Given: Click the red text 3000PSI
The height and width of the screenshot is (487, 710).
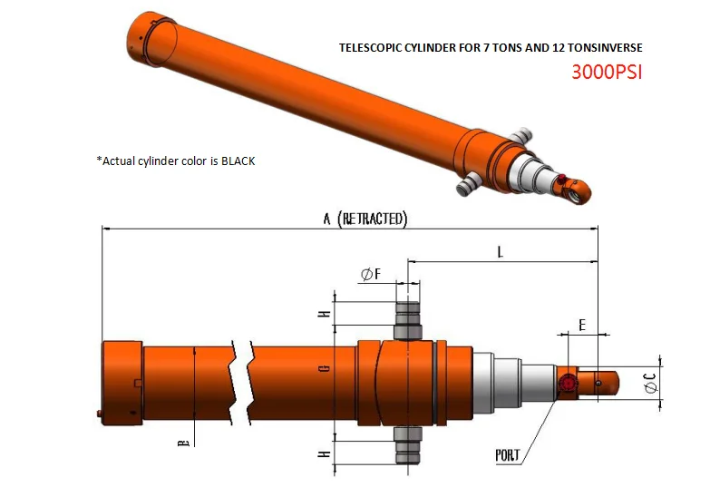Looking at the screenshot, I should pos(606,72).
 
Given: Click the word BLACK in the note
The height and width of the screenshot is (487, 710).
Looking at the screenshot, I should pos(238,161).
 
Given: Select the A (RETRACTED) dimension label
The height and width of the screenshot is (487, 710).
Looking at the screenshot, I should pos(365,219).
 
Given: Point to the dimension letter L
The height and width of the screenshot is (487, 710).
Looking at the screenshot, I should pos(500,252).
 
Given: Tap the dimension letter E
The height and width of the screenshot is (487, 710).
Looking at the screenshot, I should pos(581,324).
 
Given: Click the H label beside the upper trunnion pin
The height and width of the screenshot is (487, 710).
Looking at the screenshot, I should pos(323,314).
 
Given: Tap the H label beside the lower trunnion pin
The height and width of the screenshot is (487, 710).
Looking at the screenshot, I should pos(323,452).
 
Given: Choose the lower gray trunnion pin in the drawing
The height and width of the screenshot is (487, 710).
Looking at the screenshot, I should pos(407,444).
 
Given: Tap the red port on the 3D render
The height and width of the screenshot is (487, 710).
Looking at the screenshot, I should pos(561,178).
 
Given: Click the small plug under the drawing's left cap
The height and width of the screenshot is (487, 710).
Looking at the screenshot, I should pos(98,414).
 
